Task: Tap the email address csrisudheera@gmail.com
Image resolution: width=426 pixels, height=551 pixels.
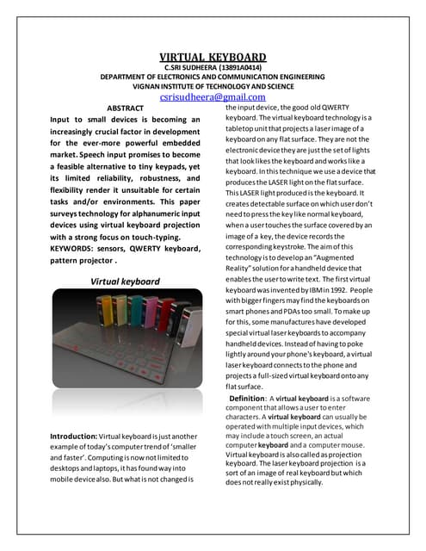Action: coord(212,97)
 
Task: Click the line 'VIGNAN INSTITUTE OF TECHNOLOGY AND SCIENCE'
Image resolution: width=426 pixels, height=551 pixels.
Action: coord(213,86)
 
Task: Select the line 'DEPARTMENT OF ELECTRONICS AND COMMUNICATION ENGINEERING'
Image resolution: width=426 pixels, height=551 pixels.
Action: coord(213,77)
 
